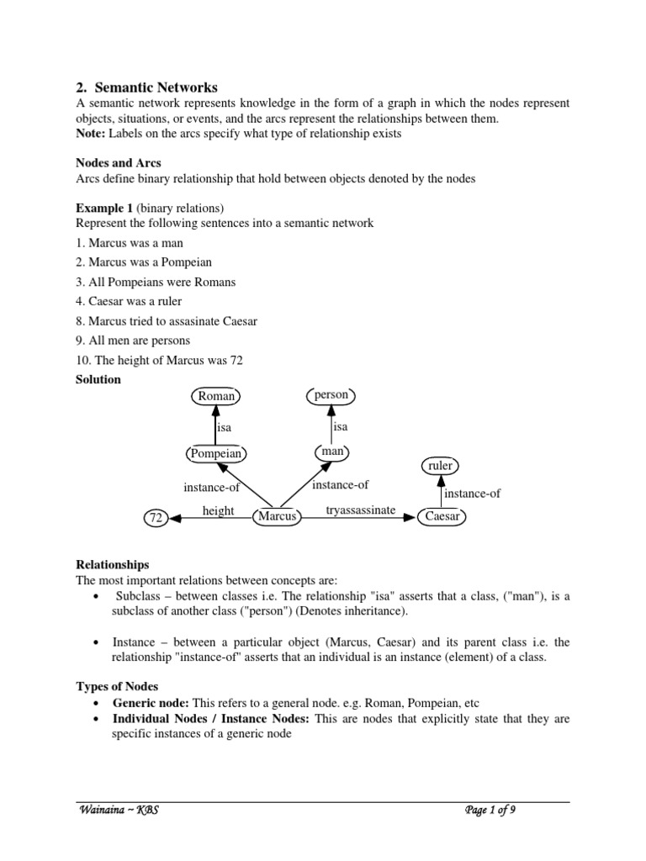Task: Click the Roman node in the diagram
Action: pyautogui.click(x=216, y=396)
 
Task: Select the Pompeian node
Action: pyautogui.click(x=215, y=454)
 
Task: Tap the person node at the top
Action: pyautogui.click(x=331, y=394)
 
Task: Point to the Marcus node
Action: pyautogui.click(x=277, y=516)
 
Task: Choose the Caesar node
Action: pyautogui.click(x=442, y=516)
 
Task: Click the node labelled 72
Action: pyautogui.click(x=155, y=518)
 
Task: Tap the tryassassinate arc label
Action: pyautogui.click(x=360, y=510)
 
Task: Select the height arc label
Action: pyautogui.click(x=218, y=510)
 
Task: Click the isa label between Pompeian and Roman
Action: pyautogui.click(x=224, y=427)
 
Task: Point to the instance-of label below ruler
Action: pyautogui.click(x=472, y=494)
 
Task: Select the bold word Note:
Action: pyautogui.click(x=90, y=134)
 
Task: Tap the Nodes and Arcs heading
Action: pyautogui.click(x=119, y=163)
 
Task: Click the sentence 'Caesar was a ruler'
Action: pyautogui.click(x=129, y=301)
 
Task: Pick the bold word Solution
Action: pyautogui.click(x=98, y=379)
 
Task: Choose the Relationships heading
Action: pyautogui.click(x=113, y=565)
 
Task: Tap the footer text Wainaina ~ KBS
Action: pyautogui.click(x=118, y=810)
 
